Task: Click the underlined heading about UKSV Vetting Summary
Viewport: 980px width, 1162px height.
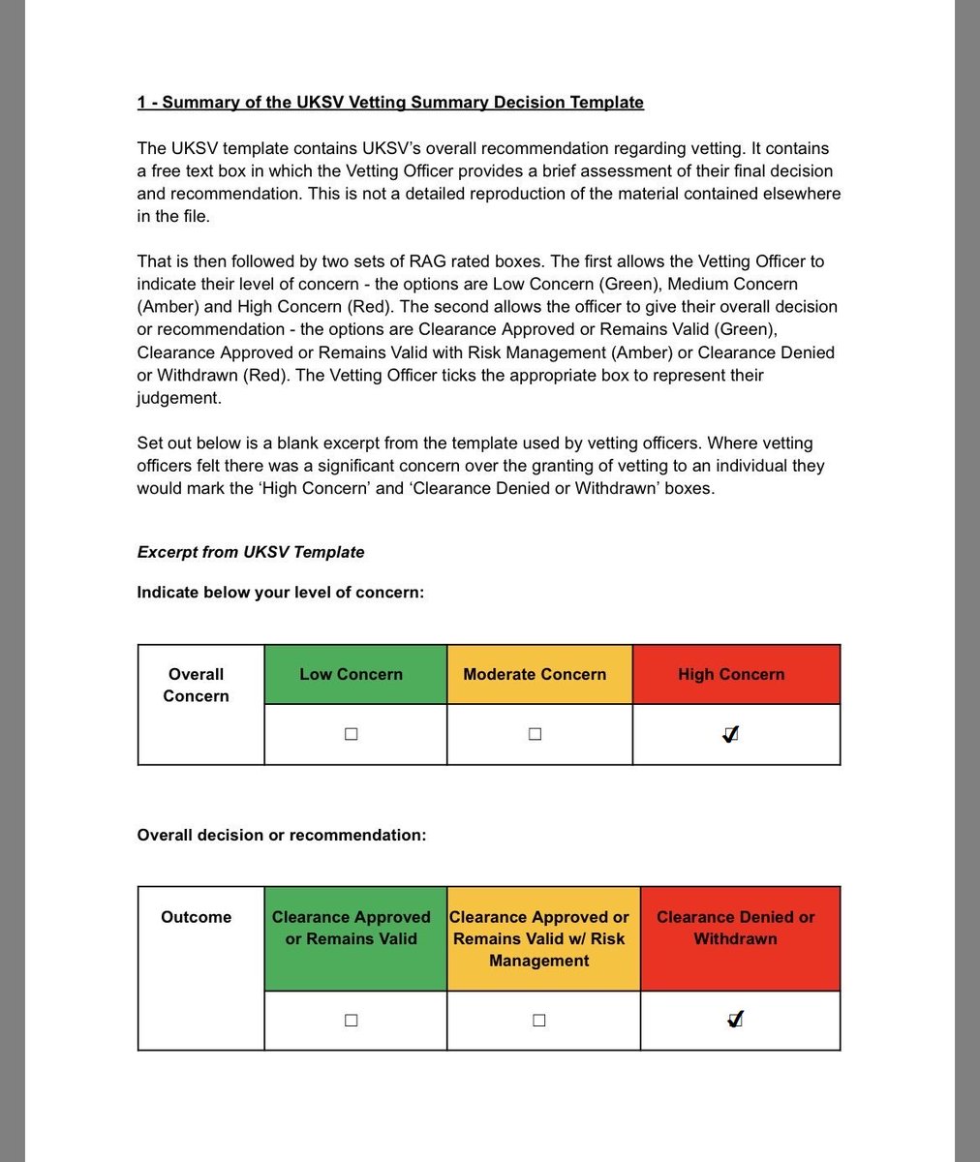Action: (x=390, y=103)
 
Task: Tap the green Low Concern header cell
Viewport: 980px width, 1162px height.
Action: (x=351, y=675)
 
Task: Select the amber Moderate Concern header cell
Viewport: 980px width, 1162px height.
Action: (x=535, y=675)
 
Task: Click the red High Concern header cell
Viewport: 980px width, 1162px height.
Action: (x=731, y=675)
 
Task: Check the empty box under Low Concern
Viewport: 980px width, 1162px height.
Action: (x=351, y=734)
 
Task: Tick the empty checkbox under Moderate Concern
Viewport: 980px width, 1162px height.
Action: (x=535, y=734)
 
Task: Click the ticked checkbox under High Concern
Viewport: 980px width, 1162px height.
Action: (x=731, y=734)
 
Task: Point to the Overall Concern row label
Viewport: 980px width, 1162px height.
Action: (x=196, y=685)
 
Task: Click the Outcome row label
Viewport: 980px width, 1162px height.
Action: (x=196, y=917)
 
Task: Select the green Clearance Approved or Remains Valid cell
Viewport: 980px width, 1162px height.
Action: (x=351, y=929)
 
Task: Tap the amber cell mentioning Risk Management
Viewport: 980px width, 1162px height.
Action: (x=538, y=938)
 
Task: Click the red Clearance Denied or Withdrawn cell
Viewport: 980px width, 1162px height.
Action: (x=735, y=929)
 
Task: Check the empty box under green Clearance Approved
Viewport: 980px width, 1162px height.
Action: (x=351, y=1020)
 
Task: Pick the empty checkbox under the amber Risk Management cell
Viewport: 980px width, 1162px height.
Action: (x=538, y=1020)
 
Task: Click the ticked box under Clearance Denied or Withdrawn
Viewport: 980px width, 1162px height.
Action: (x=735, y=1019)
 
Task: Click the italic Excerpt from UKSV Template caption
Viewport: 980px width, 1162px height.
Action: (x=251, y=552)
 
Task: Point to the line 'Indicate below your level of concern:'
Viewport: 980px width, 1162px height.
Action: (x=280, y=593)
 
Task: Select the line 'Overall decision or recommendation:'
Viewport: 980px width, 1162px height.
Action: (x=281, y=835)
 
